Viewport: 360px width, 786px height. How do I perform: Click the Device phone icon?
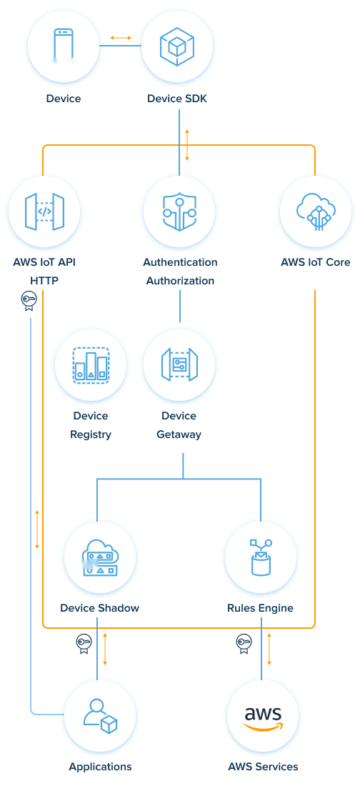click(64, 46)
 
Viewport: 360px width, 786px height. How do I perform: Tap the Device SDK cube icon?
click(177, 46)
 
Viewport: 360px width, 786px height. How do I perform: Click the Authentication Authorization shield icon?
click(179, 211)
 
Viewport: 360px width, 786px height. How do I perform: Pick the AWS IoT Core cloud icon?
click(315, 211)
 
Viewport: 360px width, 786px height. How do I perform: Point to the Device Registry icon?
click(91, 364)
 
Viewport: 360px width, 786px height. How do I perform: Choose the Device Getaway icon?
click(179, 364)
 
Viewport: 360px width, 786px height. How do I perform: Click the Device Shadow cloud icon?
click(99, 557)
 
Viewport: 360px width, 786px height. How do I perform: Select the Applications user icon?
click(99, 714)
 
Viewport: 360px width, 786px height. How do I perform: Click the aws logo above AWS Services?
click(262, 717)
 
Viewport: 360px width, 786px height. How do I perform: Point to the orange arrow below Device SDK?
click(187, 145)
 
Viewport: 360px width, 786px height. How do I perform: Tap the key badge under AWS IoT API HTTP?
click(28, 301)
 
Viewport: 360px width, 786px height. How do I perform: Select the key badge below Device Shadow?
click(84, 644)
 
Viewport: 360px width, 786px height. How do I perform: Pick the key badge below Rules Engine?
click(244, 644)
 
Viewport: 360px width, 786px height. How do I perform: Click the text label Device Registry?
click(91, 425)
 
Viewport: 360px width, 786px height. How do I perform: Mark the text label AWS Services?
click(263, 767)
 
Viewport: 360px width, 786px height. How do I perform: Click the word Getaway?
click(179, 434)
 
